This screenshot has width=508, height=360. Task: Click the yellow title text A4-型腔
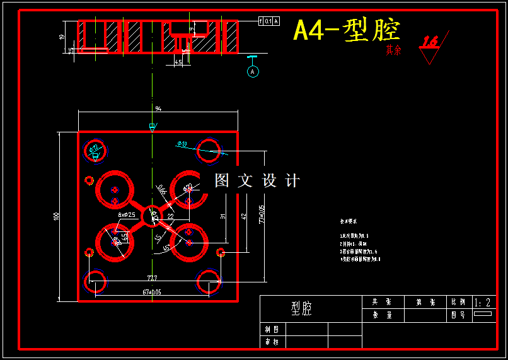(x=347, y=30)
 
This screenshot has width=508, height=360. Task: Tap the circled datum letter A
(x=253, y=72)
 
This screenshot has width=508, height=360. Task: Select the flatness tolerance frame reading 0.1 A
(x=268, y=21)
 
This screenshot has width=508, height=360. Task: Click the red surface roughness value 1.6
(x=430, y=42)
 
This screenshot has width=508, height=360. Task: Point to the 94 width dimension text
(x=158, y=108)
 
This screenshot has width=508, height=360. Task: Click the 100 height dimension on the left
(x=56, y=216)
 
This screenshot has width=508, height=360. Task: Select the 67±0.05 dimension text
(x=148, y=292)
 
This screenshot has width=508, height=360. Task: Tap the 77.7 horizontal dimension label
(x=152, y=278)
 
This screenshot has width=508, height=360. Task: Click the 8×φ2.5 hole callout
(x=127, y=214)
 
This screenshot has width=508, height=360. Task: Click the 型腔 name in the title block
(x=301, y=308)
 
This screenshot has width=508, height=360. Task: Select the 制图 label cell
(x=272, y=329)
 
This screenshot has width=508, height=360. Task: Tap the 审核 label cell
(x=272, y=342)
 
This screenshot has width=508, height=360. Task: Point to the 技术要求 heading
(x=349, y=222)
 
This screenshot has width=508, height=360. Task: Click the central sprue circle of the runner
(x=151, y=215)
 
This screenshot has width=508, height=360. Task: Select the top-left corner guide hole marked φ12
(x=96, y=150)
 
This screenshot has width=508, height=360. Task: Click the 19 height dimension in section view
(x=61, y=37)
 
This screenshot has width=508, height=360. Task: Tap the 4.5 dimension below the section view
(x=178, y=62)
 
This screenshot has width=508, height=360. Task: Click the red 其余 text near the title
(x=393, y=50)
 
